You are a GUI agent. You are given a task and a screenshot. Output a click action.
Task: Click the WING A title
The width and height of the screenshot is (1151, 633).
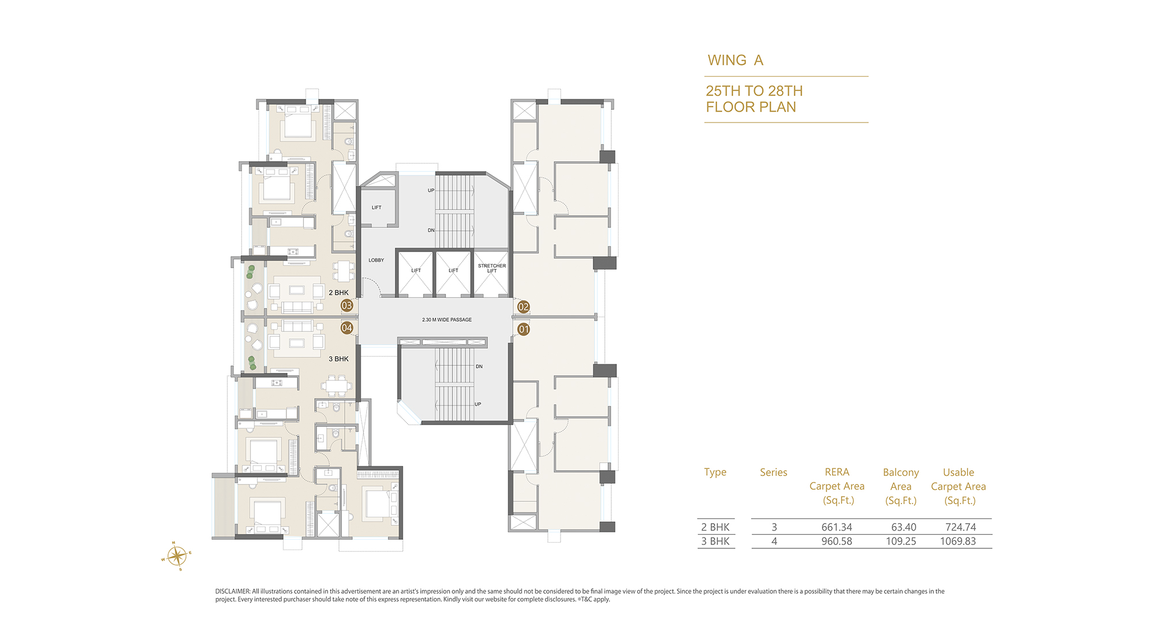tap(735, 60)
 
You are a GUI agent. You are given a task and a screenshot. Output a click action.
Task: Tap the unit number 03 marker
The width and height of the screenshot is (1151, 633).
tap(346, 306)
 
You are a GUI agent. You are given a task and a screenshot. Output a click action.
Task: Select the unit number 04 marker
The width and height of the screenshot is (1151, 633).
tap(346, 328)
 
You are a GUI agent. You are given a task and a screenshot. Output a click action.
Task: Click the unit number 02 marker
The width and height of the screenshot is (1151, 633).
tap(523, 307)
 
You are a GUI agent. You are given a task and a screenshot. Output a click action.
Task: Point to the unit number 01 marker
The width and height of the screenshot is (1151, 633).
tap(523, 329)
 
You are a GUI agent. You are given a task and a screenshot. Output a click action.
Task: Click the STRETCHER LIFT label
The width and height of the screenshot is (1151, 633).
tap(492, 268)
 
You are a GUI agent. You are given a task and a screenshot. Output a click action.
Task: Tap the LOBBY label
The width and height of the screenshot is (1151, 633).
tap(376, 260)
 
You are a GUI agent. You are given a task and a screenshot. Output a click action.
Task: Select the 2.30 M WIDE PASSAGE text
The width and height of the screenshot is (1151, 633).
tap(447, 319)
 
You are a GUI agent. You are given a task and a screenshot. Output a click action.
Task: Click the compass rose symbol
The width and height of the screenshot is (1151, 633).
tap(176, 556)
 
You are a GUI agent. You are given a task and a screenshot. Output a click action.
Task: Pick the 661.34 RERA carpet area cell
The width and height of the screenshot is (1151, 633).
tap(837, 527)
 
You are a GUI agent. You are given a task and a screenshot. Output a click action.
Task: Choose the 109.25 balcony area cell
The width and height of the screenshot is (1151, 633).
tap(901, 542)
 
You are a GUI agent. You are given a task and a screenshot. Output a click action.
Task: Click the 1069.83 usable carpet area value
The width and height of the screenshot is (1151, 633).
tap(958, 542)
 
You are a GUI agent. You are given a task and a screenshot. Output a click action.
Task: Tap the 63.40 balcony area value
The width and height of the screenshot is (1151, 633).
tap(904, 527)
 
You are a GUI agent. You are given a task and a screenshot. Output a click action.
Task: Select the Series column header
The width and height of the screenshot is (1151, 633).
tap(773, 472)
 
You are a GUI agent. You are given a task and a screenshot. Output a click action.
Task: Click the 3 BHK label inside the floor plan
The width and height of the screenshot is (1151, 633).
tap(338, 359)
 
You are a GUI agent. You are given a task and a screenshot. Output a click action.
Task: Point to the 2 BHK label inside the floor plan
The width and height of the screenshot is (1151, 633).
tap(338, 293)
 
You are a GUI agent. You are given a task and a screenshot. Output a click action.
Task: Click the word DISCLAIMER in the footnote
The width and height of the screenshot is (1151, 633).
tap(233, 592)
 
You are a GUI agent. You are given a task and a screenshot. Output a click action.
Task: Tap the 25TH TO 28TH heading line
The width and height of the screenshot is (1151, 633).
tap(754, 91)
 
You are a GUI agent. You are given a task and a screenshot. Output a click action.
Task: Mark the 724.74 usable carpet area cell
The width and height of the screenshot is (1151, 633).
tap(961, 527)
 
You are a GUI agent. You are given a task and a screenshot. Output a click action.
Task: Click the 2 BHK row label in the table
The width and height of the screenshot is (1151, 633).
tap(715, 527)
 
